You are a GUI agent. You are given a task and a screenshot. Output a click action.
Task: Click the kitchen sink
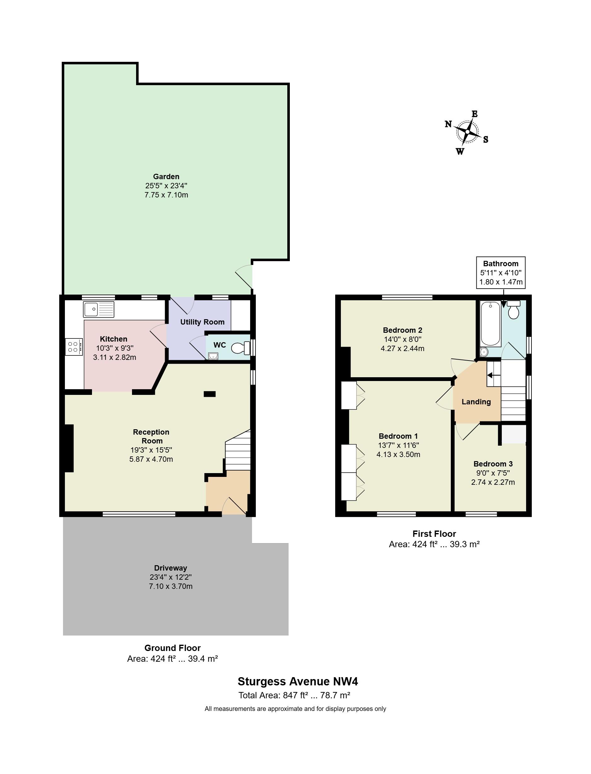(x=99, y=309)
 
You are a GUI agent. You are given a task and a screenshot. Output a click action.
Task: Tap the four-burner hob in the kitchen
(x=73, y=347)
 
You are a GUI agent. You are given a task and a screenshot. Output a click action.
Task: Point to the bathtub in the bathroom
(x=491, y=324)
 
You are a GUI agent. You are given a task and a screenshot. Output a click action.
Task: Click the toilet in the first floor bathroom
(x=514, y=310)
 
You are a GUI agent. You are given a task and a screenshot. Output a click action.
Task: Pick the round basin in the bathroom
(x=484, y=352)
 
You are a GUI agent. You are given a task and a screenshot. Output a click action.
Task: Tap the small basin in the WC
(x=213, y=356)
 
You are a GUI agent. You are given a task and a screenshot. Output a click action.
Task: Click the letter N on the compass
(x=448, y=124)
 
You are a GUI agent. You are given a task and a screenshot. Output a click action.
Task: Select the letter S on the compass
(x=486, y=139)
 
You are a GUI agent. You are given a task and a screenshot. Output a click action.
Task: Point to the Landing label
(x=476, y=402)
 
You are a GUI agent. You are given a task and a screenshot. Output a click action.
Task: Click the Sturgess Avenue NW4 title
(x=298, y=681)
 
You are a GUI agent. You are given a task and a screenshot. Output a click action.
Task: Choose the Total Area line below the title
(x=295, y=695)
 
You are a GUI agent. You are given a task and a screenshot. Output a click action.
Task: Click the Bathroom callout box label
(x=501, y=263)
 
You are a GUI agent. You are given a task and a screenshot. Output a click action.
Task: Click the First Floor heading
(x=434, y=534)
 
